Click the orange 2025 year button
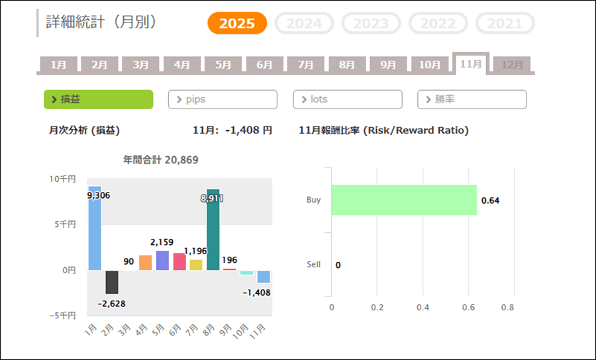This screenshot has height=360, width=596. (x=237, y=23)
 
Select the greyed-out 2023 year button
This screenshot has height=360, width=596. (x=371, y=23)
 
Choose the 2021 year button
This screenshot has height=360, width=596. (x=505, y=23)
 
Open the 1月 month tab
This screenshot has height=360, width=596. (x=58, y=65)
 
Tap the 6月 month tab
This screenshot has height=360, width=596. (x=264, y=65)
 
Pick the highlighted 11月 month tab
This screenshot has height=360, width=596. (x=471, y=64)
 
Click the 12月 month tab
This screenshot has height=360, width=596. (x=512, y=65)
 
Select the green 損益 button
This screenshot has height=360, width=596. (x=98, y=99)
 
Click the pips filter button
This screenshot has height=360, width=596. (x=223, y=99)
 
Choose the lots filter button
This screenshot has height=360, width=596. (x=347, y=99)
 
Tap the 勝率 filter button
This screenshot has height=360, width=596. (x=472, y=99)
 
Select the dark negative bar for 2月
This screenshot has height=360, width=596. (x=112, y=282)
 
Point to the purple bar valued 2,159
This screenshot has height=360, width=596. (x=162, y=261)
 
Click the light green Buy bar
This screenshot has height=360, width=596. (x=404, y=200)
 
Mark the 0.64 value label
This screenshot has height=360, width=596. (x=490, y=201)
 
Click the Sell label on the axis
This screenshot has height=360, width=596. (x=313, y=265)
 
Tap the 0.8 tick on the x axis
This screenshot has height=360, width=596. (x=508, y=308)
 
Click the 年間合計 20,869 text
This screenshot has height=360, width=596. (x=161, y=159)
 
